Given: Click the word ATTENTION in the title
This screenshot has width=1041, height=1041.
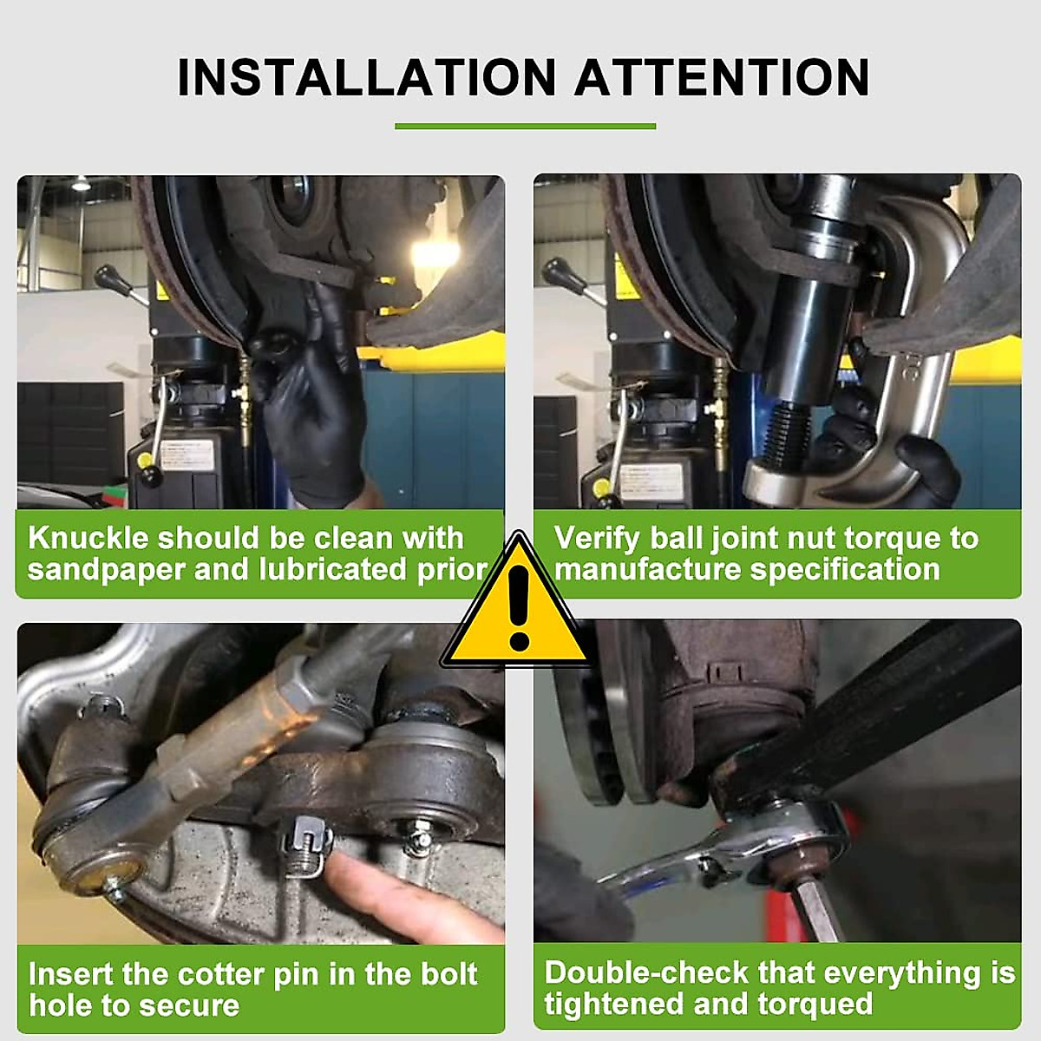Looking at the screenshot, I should (x=722, y=77).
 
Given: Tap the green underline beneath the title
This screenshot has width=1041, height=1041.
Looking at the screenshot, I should (x=525, y=127).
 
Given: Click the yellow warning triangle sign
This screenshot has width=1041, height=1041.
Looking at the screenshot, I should (x=518, y=607).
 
